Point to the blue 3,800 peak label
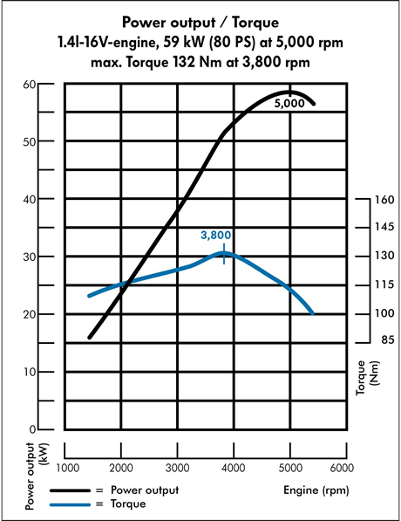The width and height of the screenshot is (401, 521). (216, 236)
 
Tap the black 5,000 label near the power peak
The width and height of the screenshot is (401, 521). (289, 104)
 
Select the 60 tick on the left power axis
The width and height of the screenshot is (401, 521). (29, 84)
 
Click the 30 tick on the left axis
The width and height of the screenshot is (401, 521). (29, 257)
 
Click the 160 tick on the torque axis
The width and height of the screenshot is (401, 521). (384, 199)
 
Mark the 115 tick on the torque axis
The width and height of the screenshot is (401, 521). (384, 285)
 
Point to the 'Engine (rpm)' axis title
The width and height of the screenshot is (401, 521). (317, 490)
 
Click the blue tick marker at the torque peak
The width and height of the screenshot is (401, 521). (225, 254)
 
